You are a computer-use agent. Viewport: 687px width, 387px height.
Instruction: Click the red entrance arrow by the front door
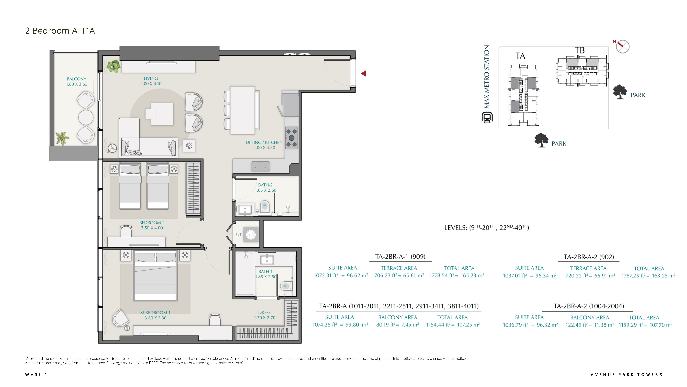coord(363,73)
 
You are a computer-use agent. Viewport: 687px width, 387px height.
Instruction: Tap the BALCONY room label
coord(77,79)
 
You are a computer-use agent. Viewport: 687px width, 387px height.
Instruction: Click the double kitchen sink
coord(260,166)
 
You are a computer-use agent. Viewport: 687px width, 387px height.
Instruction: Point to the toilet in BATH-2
coord(265,206)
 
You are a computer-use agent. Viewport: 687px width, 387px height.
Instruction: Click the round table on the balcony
coord(86,117)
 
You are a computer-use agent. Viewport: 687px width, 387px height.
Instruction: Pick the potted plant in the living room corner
coord(113,66)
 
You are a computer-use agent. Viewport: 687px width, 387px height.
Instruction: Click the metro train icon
coord(487,117)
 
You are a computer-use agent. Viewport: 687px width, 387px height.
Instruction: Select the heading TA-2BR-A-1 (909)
coord(400,257)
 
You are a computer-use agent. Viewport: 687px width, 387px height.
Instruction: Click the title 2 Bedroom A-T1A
coord(60,31)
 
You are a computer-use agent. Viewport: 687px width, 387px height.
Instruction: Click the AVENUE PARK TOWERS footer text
coord(626,375)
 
